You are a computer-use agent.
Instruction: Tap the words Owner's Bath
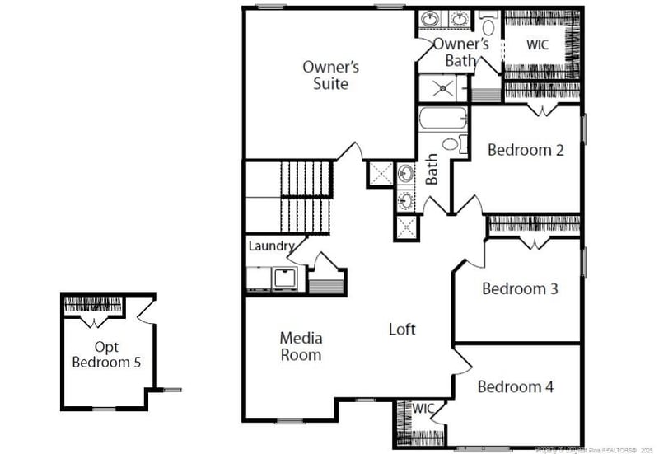click(461, 52)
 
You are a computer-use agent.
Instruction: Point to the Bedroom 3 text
click(520, 289)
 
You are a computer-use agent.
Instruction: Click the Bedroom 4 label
click(516, 386)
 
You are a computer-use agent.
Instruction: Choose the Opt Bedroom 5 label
click(105, 354)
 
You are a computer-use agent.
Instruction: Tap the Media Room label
click(301, 346)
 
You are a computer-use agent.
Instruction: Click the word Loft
click(402, 330)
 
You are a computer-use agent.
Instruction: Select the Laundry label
click(271, 246)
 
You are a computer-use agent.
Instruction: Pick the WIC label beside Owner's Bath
click(537, 45)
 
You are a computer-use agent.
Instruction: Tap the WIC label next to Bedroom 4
click(423, 409)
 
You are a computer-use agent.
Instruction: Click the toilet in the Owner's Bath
click(488, 26)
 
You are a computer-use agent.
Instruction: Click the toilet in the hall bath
click(451, 144)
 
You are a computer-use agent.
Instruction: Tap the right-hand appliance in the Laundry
click(286, 279)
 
